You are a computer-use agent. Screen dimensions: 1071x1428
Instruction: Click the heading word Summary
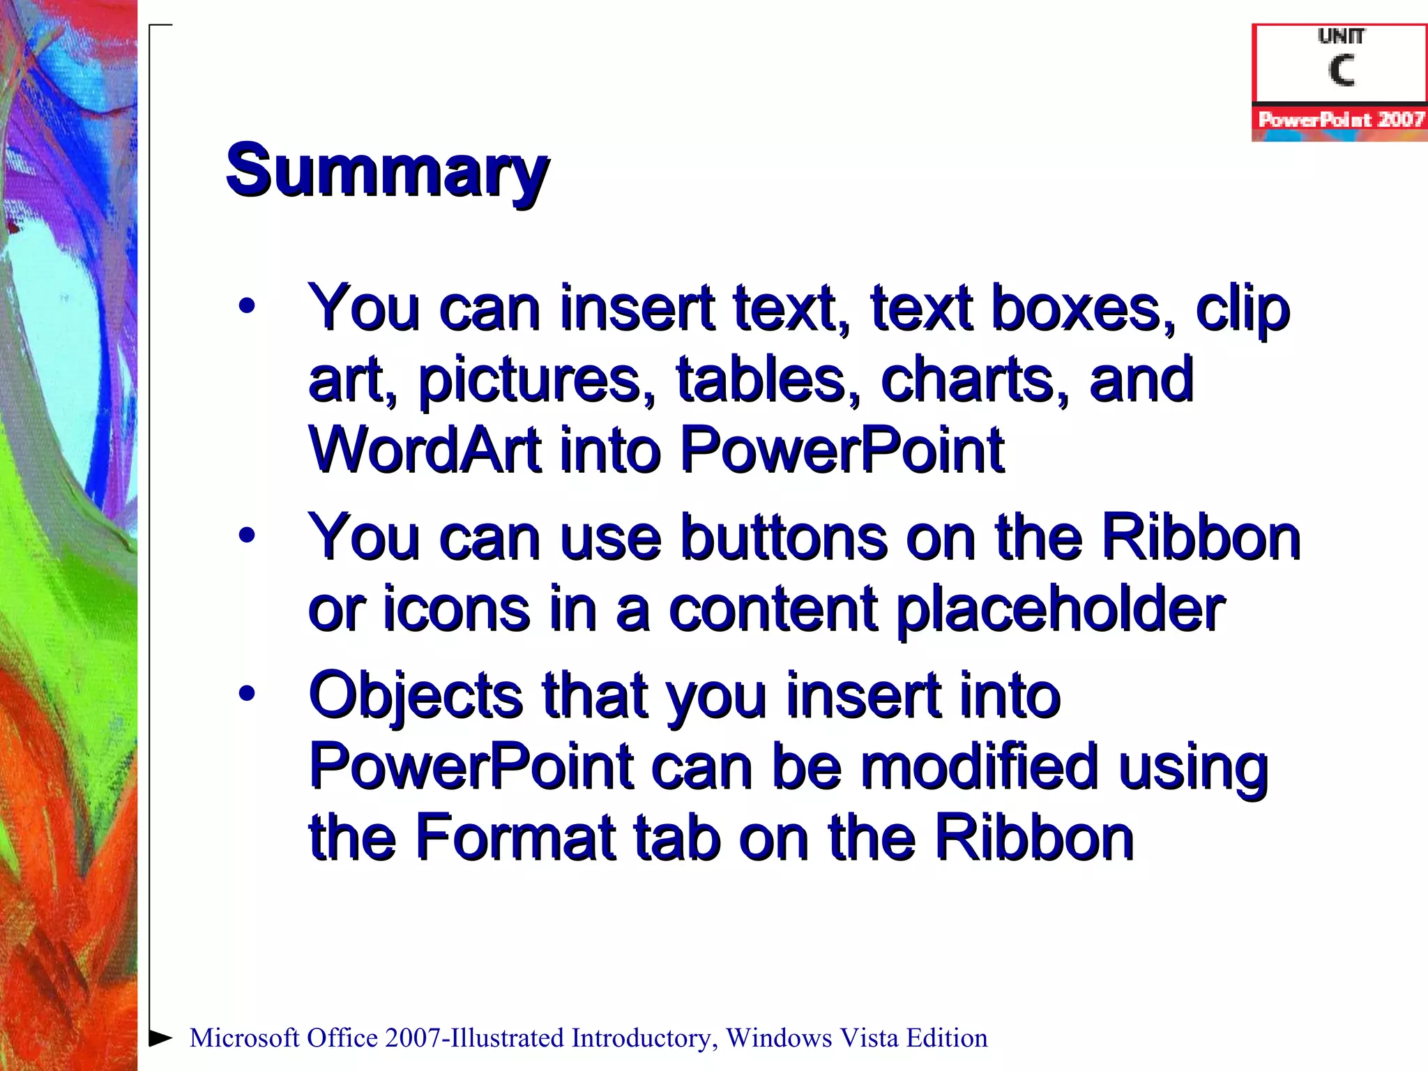point(387,172)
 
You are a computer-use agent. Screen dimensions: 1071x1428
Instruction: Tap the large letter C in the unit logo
point(1341,70)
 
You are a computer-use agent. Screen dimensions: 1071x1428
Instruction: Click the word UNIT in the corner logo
point(1341,36)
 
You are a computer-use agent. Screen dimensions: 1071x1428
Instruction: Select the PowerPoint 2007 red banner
point(1340,120)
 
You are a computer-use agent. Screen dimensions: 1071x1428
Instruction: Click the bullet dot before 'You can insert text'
point(246,307)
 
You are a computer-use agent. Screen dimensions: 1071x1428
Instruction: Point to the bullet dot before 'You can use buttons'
point(246,535)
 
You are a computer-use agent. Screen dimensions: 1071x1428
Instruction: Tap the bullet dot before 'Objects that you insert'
point(246,694)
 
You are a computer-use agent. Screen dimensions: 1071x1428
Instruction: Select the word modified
point(980,767)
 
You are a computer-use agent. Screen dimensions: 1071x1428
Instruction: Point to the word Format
point(515,837)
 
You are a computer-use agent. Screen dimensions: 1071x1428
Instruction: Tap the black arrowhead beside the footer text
point(160,1038)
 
